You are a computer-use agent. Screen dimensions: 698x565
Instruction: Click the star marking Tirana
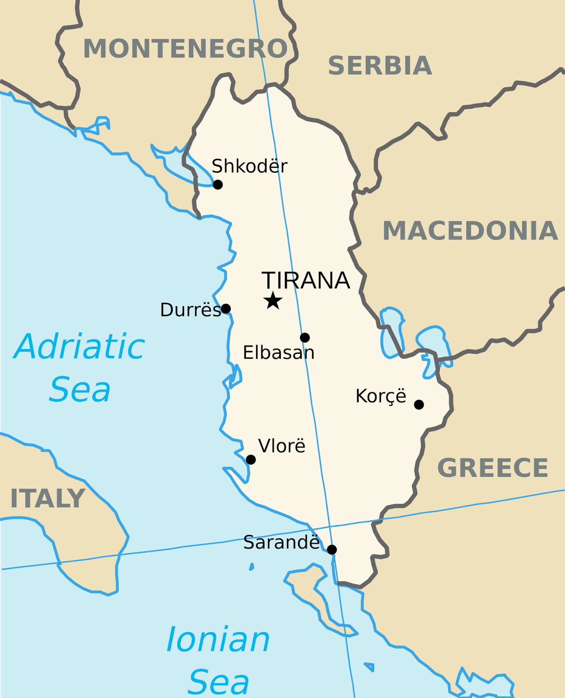(273, 301)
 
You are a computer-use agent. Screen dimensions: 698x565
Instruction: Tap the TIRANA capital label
(305, 281)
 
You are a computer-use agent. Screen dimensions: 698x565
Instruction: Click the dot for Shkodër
(218, 185)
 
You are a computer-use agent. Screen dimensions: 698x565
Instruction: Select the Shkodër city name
(250, 166)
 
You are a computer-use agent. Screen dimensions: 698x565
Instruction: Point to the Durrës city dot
(226, 309)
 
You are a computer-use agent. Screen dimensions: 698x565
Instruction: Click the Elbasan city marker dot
(305, 337)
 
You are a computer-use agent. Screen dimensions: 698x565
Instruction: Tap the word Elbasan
(278, 352)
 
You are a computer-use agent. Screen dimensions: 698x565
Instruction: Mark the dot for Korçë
(419, 404)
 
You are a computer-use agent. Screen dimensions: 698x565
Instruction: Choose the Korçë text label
(380, 396)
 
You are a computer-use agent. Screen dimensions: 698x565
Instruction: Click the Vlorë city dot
(250, 459)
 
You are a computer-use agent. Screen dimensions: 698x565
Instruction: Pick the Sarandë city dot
(332, 549)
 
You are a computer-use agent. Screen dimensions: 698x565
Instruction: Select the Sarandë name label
(281, 543)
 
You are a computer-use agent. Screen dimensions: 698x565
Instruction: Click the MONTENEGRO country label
(185, 48)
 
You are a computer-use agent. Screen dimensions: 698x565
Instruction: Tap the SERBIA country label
(380, 66)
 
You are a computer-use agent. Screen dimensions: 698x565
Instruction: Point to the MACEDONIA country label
(470, 231)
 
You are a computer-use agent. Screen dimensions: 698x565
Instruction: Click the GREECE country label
(493, 468)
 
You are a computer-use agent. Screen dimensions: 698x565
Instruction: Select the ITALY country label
(47, 498)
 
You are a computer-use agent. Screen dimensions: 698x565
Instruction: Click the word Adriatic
(79, 347)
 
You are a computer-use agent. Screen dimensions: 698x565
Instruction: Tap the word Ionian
(218, 640)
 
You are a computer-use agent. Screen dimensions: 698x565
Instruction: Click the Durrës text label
(190, 310)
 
